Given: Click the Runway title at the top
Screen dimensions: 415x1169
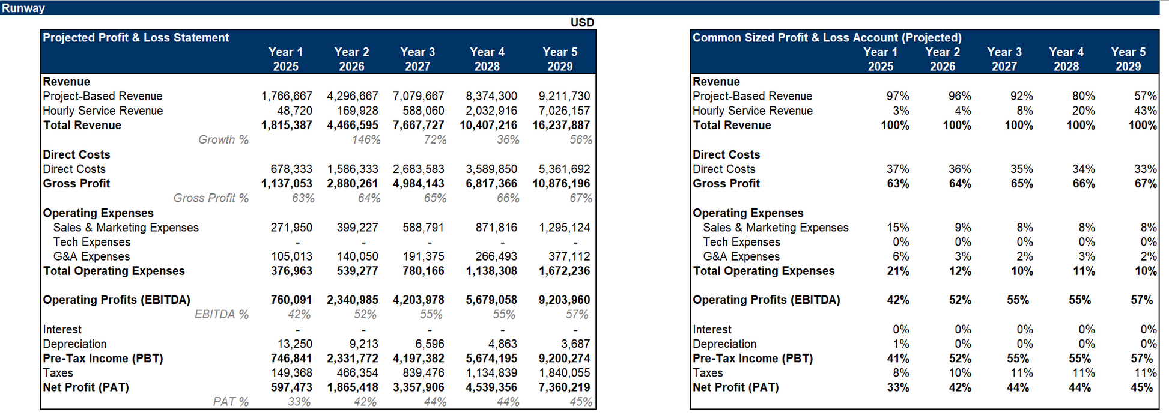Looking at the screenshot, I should point(23,8).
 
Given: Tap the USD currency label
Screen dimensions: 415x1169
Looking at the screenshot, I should point(581,23).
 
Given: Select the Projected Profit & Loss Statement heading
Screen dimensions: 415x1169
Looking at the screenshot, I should point(136,38).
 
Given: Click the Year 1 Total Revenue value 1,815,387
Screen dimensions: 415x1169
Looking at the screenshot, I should point(287,125).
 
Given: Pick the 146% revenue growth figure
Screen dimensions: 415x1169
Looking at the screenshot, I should point(366,140).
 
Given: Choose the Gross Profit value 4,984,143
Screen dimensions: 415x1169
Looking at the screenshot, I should point(418,184).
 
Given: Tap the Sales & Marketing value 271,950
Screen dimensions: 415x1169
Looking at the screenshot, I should point(291,228).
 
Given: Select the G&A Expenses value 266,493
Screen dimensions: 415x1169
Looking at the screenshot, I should point(496,256).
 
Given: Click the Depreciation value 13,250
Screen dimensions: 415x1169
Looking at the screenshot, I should point(295,344).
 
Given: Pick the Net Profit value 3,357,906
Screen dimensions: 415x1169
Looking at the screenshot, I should point(418,387).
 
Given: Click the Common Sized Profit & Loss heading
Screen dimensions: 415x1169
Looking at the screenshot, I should point(827,38).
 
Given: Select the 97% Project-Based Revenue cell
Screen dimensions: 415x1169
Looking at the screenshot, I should point(897,96).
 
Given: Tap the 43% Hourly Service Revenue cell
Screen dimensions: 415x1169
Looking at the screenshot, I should point(1145,111).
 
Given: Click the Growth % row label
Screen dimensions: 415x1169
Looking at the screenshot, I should point(223,140).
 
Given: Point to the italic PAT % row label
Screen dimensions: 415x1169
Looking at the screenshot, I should point(231,402).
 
